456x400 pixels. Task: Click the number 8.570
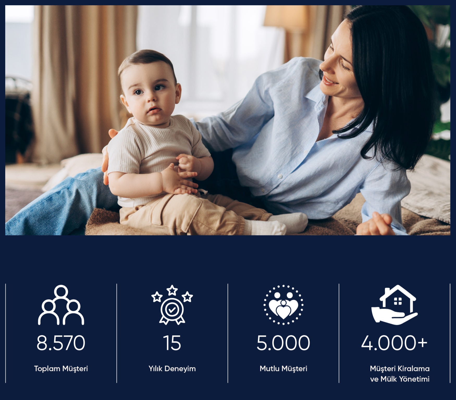61,343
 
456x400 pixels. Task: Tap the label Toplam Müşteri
61,368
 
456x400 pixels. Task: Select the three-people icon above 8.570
61,305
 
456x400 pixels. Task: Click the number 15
172,343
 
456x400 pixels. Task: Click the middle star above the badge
172,290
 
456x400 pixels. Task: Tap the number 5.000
283,343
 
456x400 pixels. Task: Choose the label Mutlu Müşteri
284,368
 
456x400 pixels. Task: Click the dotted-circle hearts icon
283,305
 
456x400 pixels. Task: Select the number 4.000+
394,343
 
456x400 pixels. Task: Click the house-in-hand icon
394,305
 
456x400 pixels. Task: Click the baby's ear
178,95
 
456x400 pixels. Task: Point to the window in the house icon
398,301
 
